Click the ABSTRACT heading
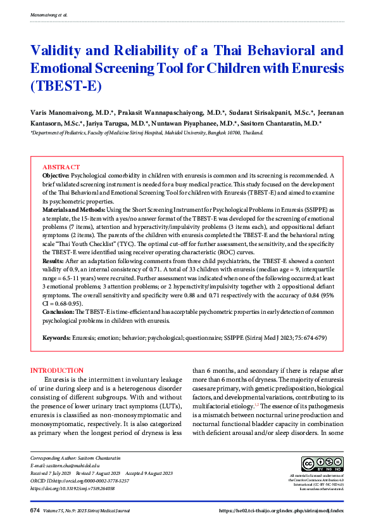pos(61,167)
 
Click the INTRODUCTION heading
pos(57,370)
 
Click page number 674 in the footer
pos(35,510)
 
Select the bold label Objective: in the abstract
pos(56,174)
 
